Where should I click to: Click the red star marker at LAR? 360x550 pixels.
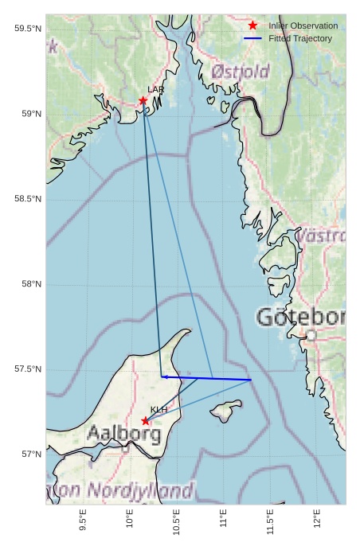tap(143, 100)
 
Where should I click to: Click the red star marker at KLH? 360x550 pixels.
tap(145, 420)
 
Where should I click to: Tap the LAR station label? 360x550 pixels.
tap(155, 90)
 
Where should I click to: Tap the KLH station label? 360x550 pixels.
tap(158, 410)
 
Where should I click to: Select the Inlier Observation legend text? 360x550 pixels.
tap(303, 26)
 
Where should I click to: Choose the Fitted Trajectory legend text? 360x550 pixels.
tap(300, 38)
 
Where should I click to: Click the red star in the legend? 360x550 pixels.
tap(252, 25)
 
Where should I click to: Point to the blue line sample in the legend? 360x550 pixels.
tap(252, 38)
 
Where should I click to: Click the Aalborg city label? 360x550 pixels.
tap(123, 435)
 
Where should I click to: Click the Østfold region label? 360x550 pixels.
tap(241, 72)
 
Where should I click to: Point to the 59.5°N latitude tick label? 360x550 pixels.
tap(28, 29)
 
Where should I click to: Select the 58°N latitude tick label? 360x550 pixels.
tap(32, 284)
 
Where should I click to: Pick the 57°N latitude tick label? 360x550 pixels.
tap(32, 454)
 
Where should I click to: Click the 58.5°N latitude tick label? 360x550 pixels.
tap(28, 199)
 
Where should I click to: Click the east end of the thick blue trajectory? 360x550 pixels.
tap(251, 380)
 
